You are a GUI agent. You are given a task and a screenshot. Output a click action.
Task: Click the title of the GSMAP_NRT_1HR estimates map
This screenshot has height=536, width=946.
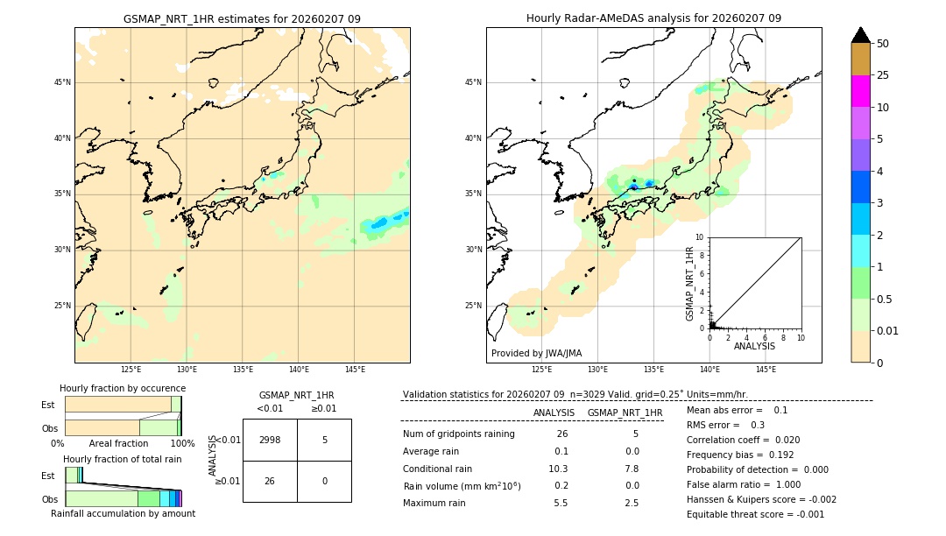point(242,18)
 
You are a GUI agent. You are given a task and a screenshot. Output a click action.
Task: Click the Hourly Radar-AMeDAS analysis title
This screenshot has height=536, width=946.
point(653,18)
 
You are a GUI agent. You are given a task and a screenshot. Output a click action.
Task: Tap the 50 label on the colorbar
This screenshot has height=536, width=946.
point(883,44)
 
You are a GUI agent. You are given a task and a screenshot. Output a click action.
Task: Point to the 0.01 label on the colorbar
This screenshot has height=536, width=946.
point(888,330)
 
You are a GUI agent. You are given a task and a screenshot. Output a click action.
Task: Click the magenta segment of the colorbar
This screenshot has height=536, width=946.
point(860,91)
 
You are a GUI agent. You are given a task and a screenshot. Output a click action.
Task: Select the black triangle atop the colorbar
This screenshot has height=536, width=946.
point(860,35)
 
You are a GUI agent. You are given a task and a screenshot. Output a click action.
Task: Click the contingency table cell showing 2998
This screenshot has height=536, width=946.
point(270,440)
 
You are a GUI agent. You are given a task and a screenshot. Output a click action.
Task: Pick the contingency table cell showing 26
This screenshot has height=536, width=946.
point(270,481)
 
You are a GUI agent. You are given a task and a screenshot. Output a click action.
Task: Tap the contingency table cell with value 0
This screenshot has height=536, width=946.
point(324,481)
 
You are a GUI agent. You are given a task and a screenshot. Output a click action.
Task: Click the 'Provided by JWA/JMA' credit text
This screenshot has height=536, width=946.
point(536,353)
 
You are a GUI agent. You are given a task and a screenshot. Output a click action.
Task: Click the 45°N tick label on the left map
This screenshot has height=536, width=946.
point(62,82)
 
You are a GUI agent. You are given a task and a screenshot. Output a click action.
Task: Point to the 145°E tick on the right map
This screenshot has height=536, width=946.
point(766,370)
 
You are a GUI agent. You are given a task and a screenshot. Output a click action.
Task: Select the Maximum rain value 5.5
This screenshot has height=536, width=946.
point(561,503)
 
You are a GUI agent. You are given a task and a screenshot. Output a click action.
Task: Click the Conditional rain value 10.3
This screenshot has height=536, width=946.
point(559,469)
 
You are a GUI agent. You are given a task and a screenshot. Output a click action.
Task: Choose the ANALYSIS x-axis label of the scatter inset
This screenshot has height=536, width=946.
point(754,346)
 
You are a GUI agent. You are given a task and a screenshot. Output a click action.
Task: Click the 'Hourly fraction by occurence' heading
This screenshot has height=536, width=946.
point(123,388)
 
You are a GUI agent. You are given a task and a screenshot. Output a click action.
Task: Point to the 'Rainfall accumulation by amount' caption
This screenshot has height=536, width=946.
point(123,513)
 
